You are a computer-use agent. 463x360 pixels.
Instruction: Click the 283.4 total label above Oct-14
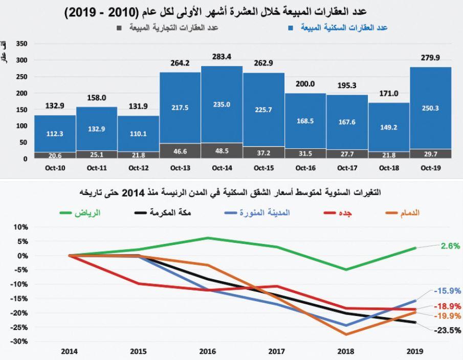222,57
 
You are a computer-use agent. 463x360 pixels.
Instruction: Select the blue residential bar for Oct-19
430,108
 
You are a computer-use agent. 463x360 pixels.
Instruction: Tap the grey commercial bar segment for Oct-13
180,151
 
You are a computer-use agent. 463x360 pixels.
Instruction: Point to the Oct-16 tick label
305,167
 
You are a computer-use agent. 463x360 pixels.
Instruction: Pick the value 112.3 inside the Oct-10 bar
54,133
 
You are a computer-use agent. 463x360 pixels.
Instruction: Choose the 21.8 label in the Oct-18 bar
388,155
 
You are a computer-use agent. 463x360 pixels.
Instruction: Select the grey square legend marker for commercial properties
119,28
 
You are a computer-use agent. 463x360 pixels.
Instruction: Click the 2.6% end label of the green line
450,246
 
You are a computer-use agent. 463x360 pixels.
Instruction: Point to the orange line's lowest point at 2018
346,334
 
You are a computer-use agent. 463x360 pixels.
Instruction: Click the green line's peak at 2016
207,238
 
